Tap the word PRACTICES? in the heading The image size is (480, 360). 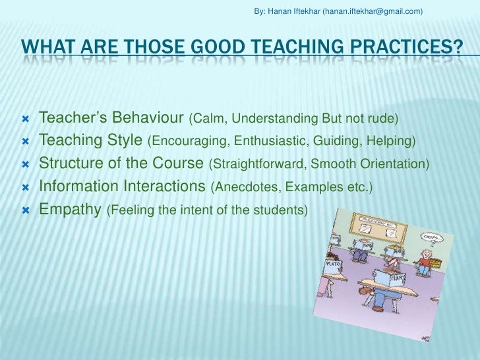click(x=407, y=47)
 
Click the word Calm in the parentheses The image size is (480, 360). click(x=205, y=119)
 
